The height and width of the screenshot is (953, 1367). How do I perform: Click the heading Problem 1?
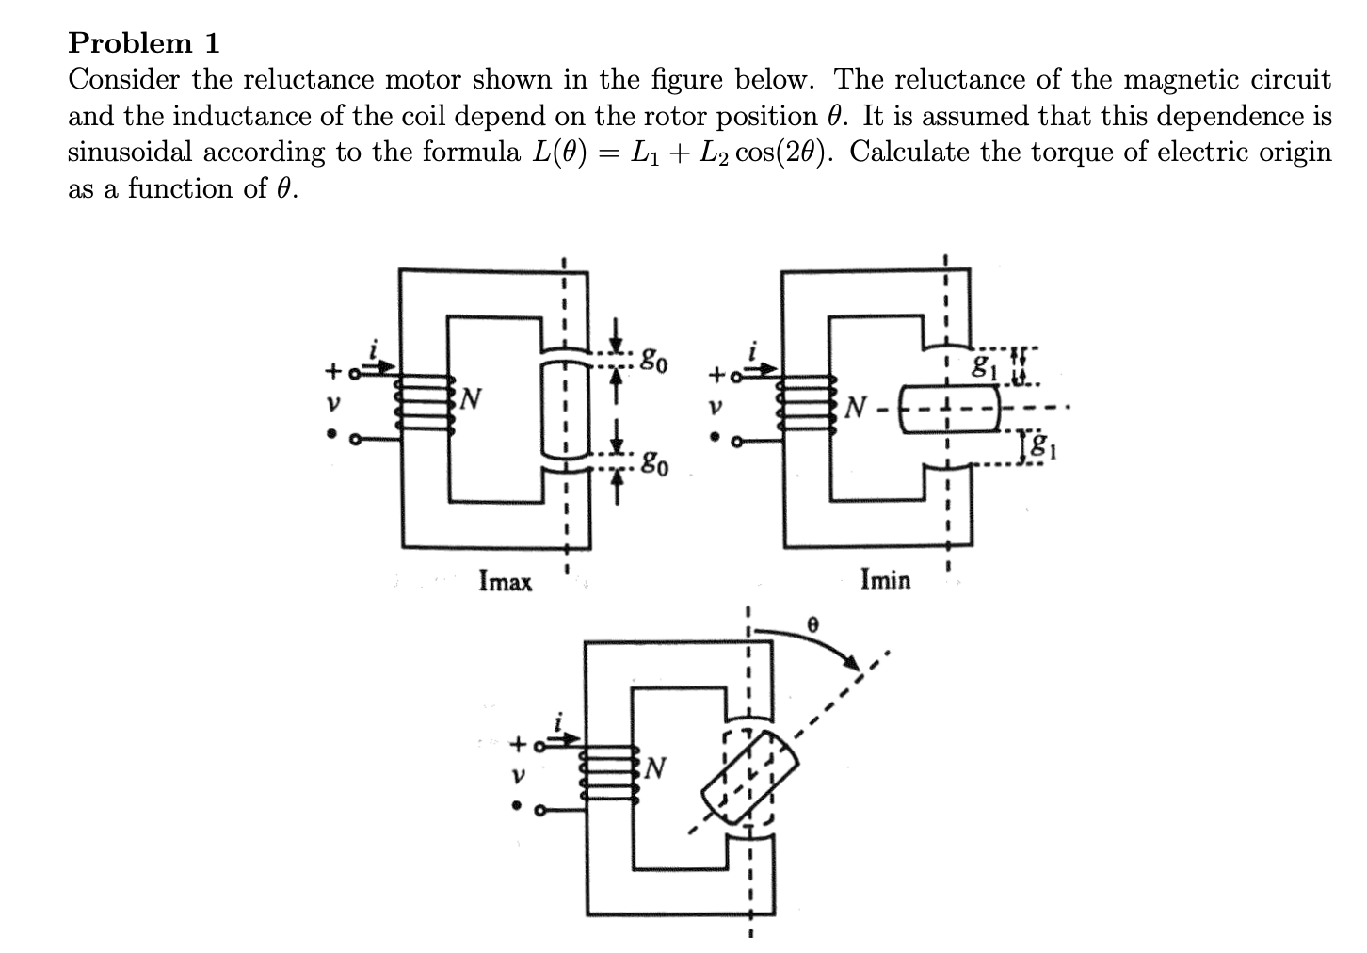[144, 42]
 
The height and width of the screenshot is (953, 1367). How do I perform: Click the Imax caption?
[505, 581]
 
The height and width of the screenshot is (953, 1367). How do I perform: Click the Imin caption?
[885, 579]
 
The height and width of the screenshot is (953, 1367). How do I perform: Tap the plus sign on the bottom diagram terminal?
[517, 745]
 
